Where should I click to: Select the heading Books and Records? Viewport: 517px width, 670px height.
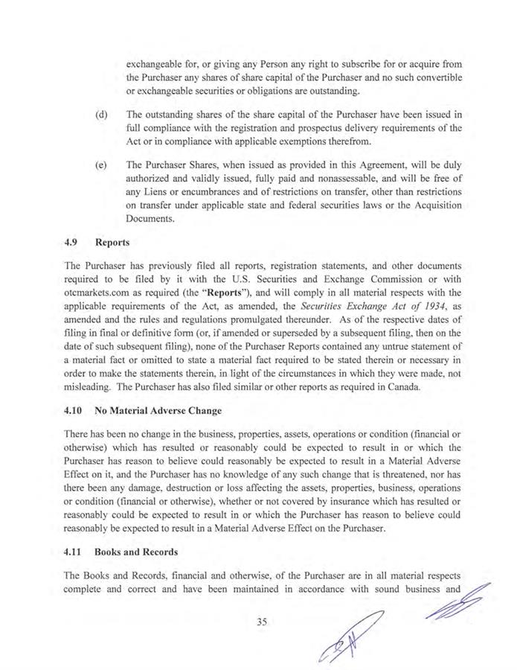coord(140,553)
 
